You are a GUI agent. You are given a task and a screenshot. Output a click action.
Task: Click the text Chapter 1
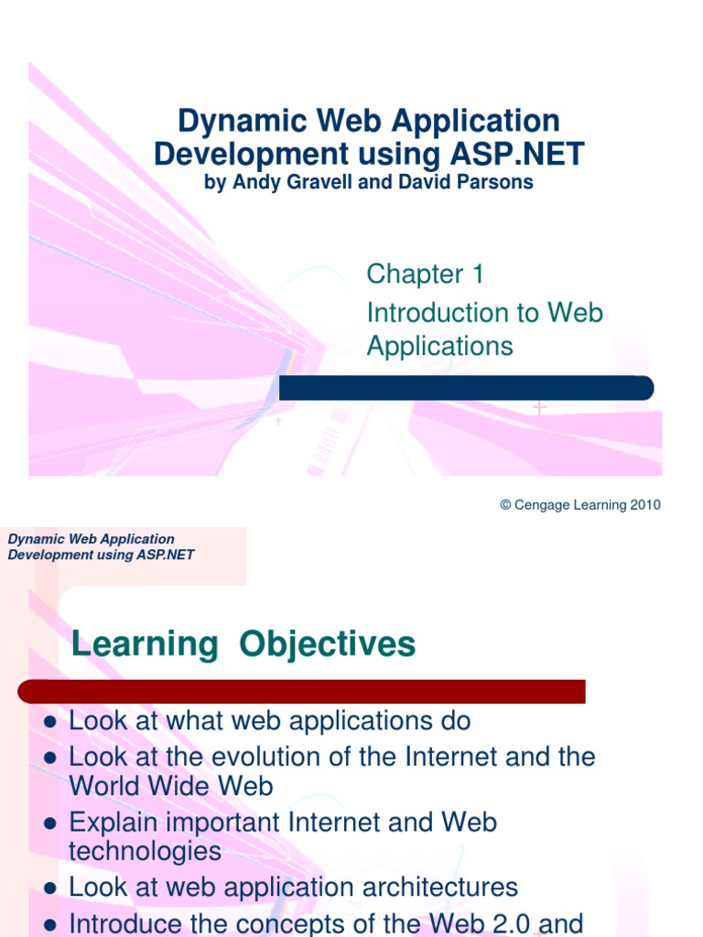(x=425, y=274)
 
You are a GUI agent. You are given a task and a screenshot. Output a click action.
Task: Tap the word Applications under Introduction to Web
(x=439, y=346)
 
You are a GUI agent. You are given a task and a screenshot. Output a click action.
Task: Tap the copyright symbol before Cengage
(x=504, y=505)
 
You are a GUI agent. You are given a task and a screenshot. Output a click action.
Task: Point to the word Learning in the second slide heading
(x=145, y=645)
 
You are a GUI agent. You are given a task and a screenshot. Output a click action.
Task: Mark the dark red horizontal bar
(x=302, y=691)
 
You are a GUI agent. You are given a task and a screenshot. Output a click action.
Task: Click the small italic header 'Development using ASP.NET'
(x=101, y=555)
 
